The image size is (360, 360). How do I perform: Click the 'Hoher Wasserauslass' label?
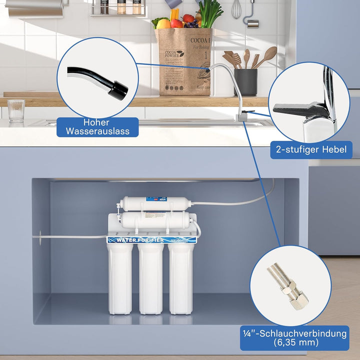(97, 127)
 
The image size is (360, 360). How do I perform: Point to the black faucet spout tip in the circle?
(118, 90)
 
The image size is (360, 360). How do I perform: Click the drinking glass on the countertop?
(16, 110)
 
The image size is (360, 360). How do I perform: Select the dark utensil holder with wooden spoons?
(245, 80)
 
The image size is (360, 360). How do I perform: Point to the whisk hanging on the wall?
(236, 10)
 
